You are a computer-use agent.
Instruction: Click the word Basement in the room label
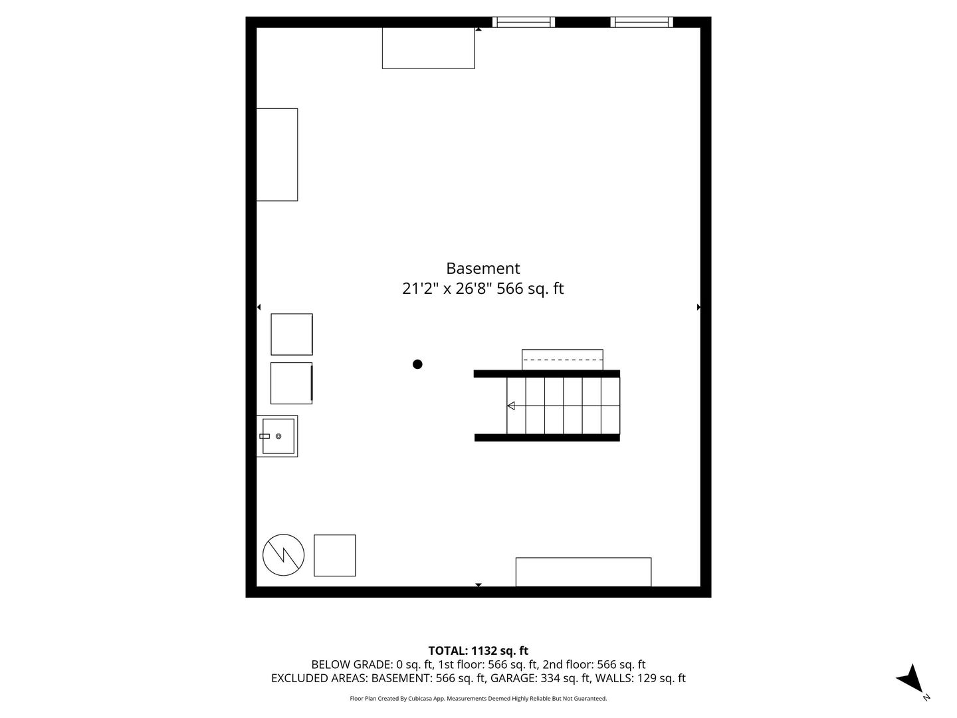[482, 269]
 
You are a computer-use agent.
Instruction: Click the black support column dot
[417, 364]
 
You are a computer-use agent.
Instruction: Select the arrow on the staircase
[511, 406]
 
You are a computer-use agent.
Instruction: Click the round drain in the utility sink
[278, 436]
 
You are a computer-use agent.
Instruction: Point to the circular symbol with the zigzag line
[284, 554]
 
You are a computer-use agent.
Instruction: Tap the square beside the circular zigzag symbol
[334, 555]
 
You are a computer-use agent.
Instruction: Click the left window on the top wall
[524, 22]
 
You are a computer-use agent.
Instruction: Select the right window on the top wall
[641, 22]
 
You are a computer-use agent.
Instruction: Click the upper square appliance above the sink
[291, 334]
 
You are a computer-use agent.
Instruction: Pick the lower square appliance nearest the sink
[291, 383]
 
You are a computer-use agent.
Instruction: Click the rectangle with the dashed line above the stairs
[562, 359]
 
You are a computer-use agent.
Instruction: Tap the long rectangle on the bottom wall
[584, 572]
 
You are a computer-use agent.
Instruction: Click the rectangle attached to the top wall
[428, 48]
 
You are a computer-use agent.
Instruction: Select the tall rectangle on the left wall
[277, 154]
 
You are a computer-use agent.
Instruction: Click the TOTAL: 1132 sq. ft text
[478, 651]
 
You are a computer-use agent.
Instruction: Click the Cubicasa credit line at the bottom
[478, 699]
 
